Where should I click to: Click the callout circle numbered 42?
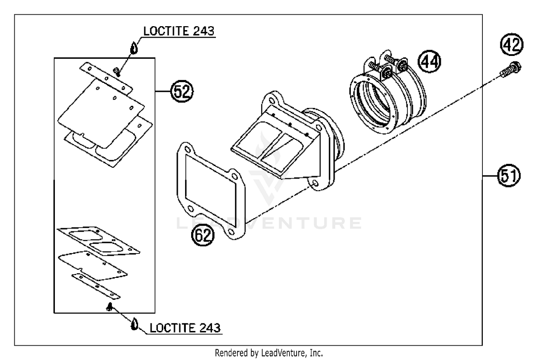(512, 45)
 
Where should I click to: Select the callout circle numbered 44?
(430, 61)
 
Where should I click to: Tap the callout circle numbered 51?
(509, 176)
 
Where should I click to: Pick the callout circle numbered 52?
(181, 92)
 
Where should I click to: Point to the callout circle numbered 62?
(202, 236)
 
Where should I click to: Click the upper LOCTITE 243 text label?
(179, 31)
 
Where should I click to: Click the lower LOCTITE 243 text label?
(185, 328)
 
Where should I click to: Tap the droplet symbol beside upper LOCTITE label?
(134, 48)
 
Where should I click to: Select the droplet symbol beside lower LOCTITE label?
(134, 324)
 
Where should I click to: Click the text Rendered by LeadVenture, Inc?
(269, 353)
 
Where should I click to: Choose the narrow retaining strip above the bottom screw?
(96, 285)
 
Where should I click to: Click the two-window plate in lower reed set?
(99, 241)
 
